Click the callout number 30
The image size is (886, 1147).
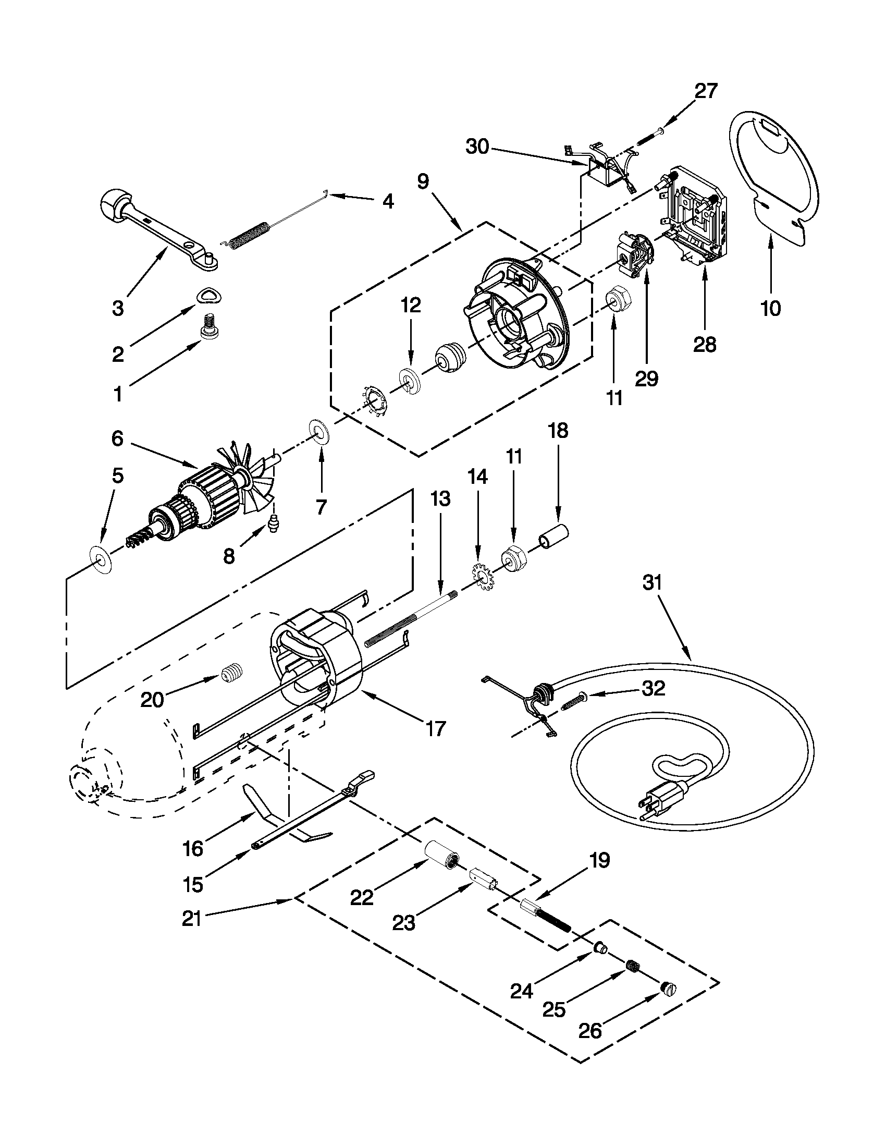(x=477, y=147)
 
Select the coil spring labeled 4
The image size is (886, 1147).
(x=250, y=235)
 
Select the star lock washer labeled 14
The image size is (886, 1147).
(x=481, y=575)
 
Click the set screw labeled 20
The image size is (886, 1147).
(x=233, y=673)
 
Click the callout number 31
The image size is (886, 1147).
(x=652, y=582)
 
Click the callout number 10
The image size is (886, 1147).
(x=770, y=308)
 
